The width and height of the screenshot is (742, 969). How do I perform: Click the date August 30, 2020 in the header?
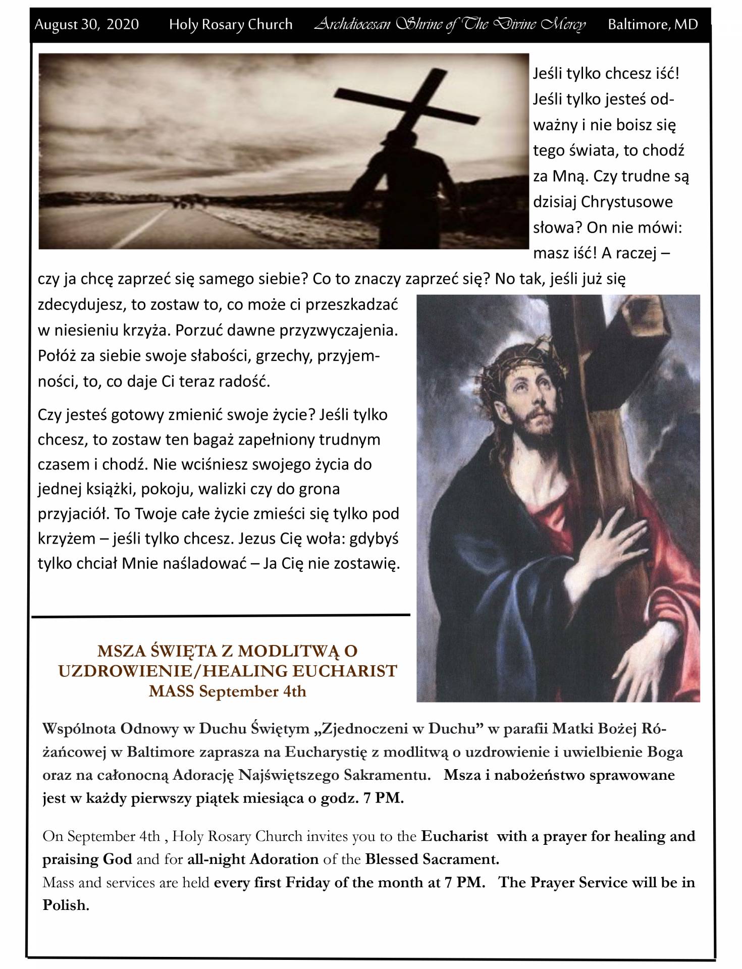[86, 24]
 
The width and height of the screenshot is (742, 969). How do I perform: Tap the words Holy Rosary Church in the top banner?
[231, 24]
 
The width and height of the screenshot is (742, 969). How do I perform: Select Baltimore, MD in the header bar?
[653, 24]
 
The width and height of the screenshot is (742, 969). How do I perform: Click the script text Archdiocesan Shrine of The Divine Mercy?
[450, 24]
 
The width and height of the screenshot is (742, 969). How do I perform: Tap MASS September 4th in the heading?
[228, 691]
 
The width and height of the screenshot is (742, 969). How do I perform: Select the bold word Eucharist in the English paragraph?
[454, 836]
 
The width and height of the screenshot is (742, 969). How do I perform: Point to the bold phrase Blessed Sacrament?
[432, 859]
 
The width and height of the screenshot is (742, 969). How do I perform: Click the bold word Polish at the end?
[66, 905]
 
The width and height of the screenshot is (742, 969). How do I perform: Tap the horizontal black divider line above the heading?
[221, 615]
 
